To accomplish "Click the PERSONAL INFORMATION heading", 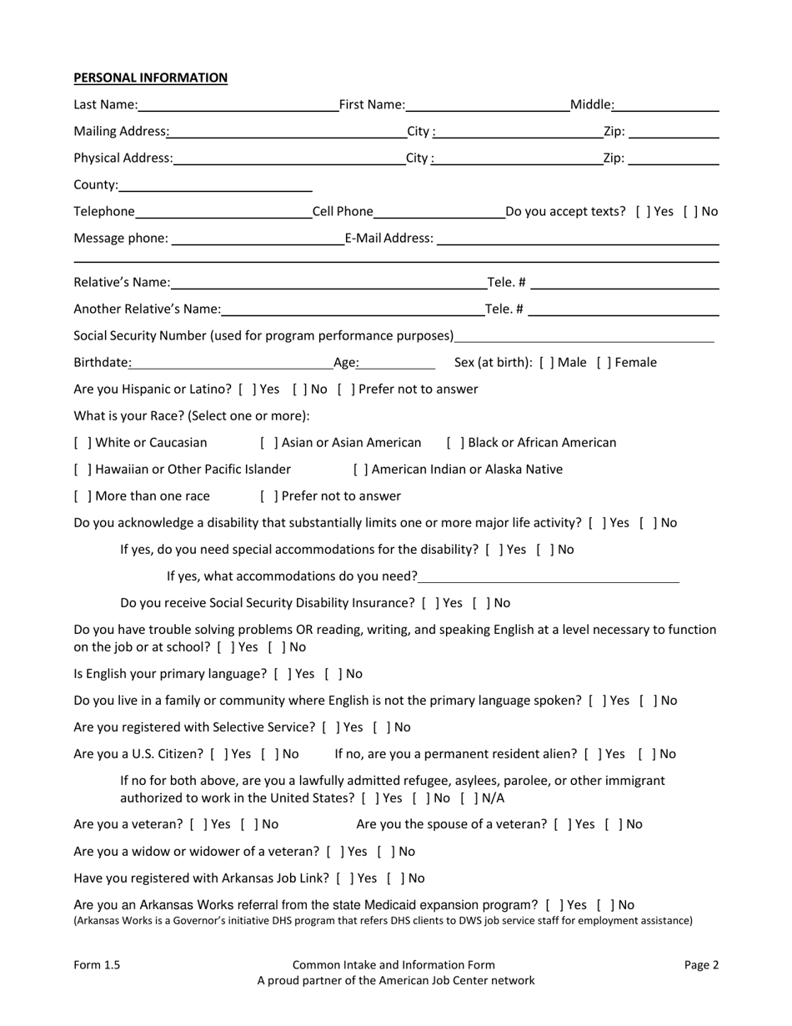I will [150, 78].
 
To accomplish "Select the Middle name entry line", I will [667, 105].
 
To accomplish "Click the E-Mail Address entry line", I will [577, 239].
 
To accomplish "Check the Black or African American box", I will [455, 443].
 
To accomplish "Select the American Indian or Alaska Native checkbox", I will [360, 470].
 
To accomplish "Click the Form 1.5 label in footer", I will [97, 965].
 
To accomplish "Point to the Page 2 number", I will [701, 965].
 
